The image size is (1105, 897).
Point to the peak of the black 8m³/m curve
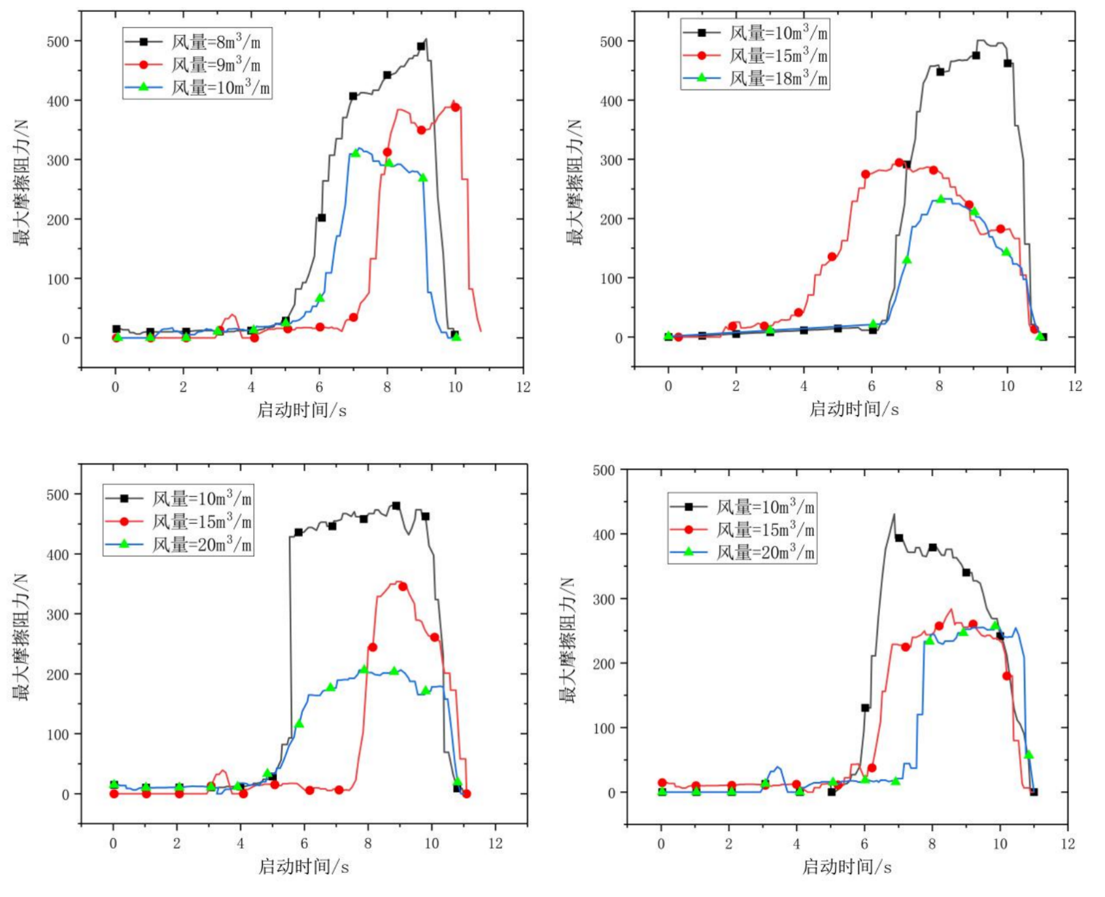(426, 39)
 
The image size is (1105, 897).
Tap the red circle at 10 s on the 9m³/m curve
(456, 107)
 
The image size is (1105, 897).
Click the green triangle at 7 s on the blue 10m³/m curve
(356, 153)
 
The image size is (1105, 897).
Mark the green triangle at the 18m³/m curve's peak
(940, 199)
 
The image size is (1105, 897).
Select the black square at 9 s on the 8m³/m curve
(421, 46)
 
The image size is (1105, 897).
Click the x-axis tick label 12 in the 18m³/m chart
(1075, 386)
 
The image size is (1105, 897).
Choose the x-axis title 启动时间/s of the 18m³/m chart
(854, 409)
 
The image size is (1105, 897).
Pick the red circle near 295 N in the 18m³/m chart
(899, 163)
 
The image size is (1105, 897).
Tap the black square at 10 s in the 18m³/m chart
(1008, 63)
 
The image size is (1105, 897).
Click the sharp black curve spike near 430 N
(894, 515)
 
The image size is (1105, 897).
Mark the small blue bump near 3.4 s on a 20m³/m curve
(777, 768)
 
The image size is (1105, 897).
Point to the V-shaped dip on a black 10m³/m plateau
(409, 534)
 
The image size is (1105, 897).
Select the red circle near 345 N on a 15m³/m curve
(403, 586)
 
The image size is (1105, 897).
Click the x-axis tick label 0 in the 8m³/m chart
(116, 386)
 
